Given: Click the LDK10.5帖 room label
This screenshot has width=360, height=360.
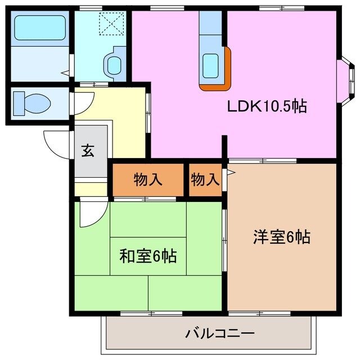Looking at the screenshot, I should coord(267,106).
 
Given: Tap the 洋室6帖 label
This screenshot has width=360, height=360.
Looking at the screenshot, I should coord(281,237).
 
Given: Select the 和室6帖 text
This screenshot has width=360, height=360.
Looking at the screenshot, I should coord(148,256).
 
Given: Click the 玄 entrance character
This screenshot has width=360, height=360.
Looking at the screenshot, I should coord(88,151).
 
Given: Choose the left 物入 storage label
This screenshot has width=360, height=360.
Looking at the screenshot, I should coord(148,180).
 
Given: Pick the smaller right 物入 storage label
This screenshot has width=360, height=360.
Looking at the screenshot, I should coord(205,180).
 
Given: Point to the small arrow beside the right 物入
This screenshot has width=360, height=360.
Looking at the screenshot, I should coord(229,173).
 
